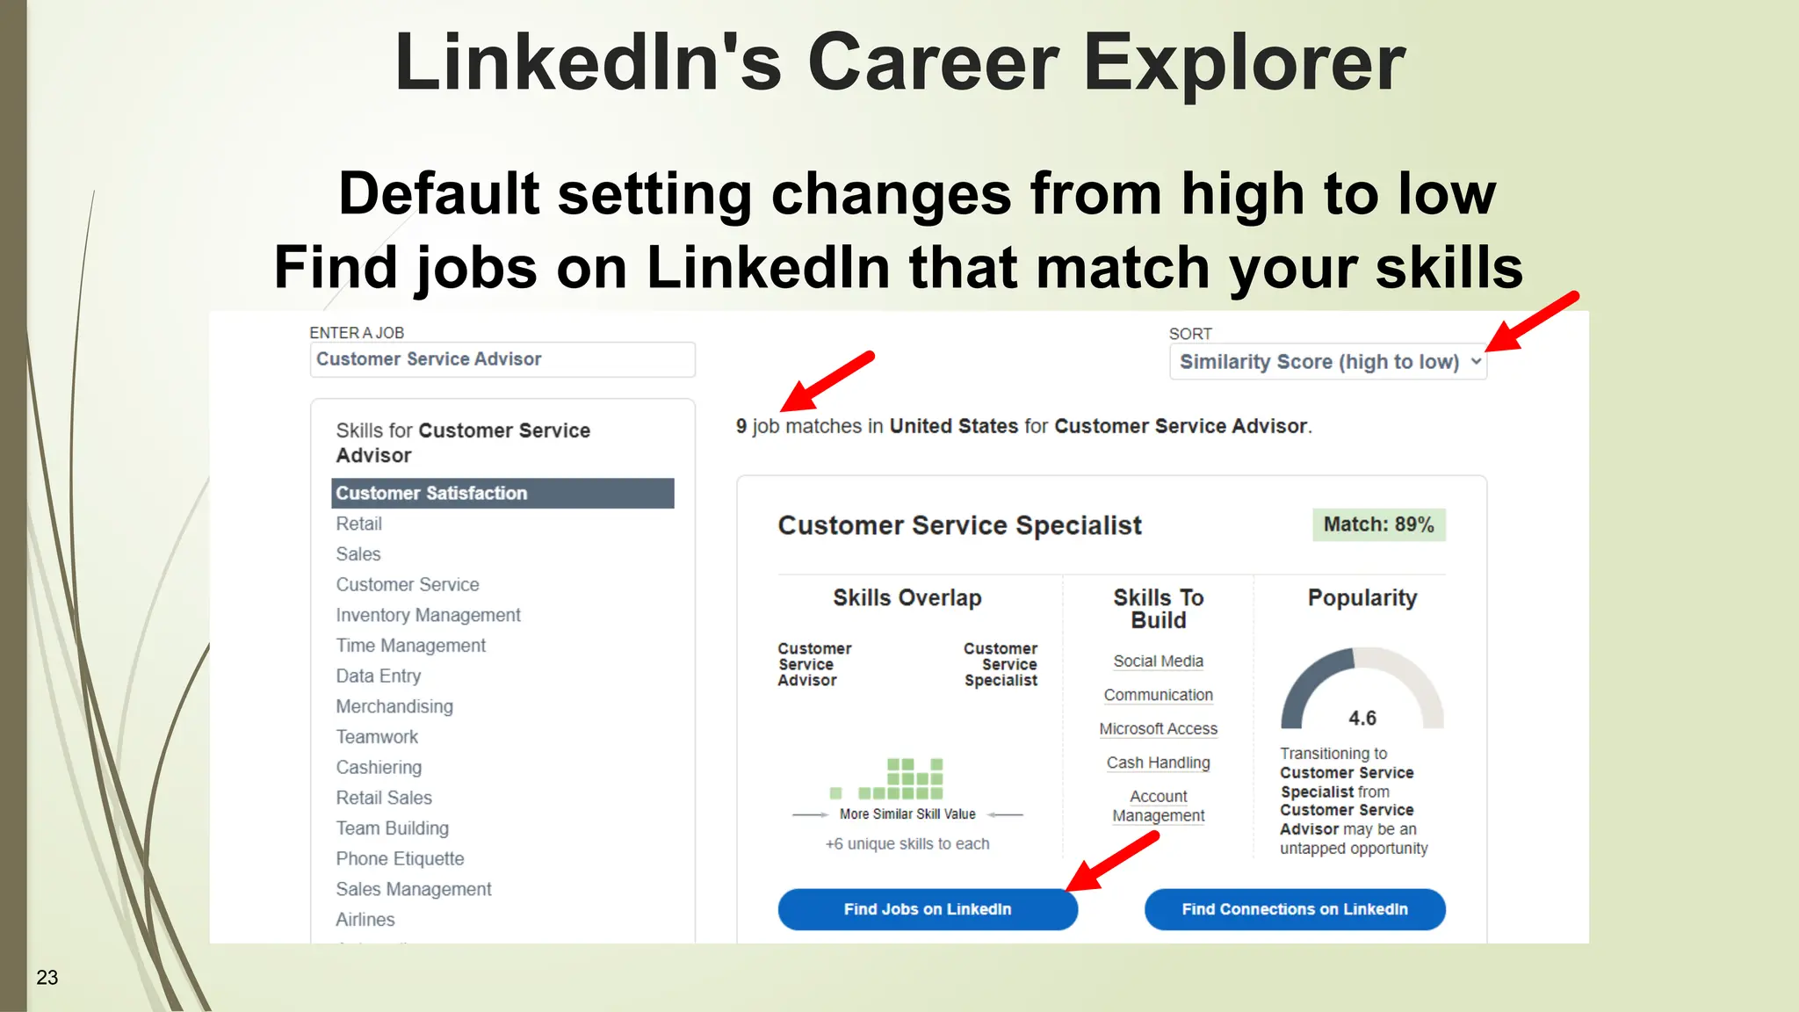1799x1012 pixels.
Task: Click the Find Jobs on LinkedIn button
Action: point(928,909)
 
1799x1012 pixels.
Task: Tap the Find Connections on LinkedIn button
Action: point(1294,909)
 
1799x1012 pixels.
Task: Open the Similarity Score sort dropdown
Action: point(1327,362)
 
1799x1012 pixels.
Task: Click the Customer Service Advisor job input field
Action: point(502,359)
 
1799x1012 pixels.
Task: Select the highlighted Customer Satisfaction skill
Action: point(502,493)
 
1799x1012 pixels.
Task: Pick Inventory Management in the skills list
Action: point(428,615)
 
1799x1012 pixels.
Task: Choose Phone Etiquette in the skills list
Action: point(400,858)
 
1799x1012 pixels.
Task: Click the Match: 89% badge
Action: point(1378,524)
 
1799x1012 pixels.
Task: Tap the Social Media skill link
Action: point(1158,661)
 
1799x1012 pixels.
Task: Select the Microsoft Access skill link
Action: point(1158,729)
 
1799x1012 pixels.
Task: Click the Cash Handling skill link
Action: point(1158,763)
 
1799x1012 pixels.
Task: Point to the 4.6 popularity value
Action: point(1362,719)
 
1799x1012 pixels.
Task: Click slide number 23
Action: point(47,977)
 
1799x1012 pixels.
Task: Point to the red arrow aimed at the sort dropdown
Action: point(1533,322)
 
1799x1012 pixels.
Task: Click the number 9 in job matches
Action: point(741,426)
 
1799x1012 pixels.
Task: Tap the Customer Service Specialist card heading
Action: point(959,525)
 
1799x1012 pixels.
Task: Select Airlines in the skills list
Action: point(365,920)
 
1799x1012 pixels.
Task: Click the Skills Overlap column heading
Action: point(907,598)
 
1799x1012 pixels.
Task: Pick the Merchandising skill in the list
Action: point(394,706)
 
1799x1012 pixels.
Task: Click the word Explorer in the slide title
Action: point(1244,63)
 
